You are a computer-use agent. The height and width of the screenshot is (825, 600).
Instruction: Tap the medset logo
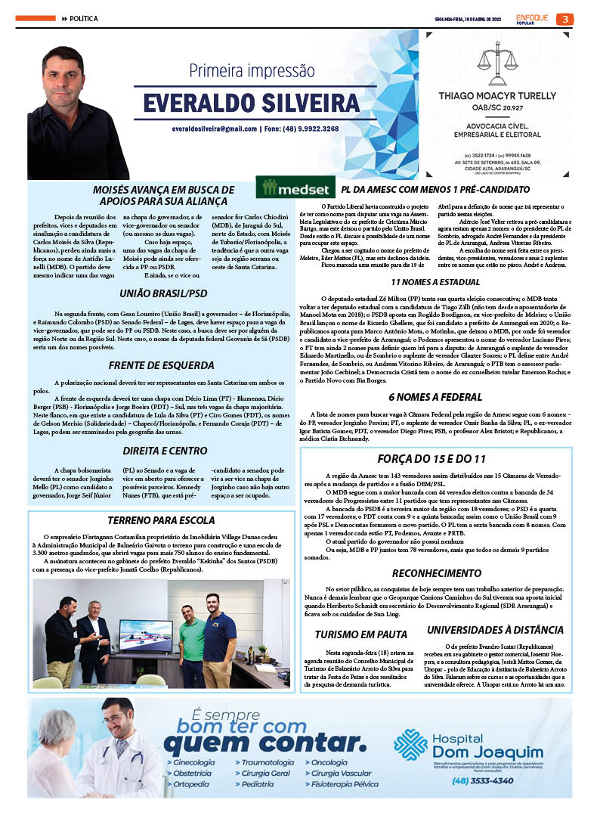coord(294,188)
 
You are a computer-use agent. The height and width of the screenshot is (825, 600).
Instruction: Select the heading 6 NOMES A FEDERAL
coord(435,396)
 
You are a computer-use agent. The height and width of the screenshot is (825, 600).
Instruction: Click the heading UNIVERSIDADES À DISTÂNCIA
coord(495,629)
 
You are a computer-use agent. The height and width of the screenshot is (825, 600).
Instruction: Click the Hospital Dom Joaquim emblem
coord(411,745)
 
